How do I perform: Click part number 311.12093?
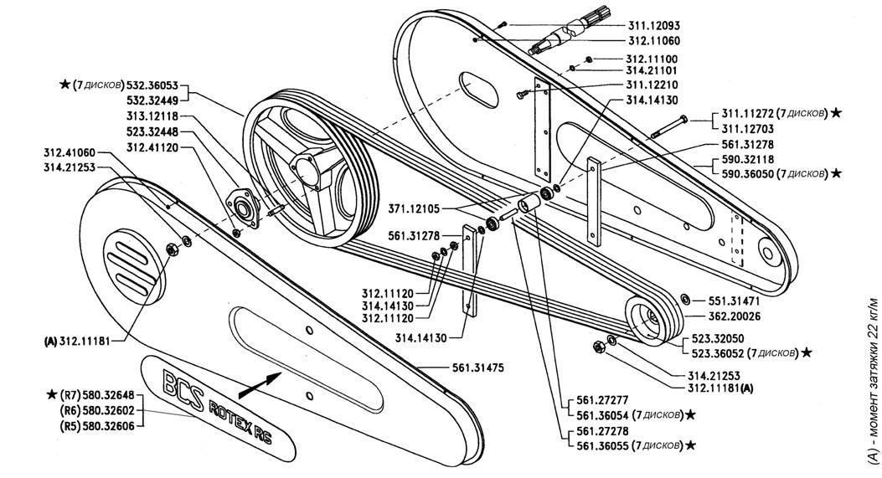pyautogui.click(x=653, y=25)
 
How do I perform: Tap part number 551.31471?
pyautogui.click(x=733, y=301)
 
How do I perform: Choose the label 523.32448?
pyautogui.click(x=152, y=131)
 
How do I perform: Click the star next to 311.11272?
pyautogui.click(x=836, y=112)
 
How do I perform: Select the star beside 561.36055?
pyautogui.click(x=689, y=445)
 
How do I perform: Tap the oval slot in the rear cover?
pyautogui.click(x=478, y=89)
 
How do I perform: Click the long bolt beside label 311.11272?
pyautogui.click(x=668, y=127)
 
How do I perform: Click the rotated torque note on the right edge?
pyautogui.click(x=874, y=380)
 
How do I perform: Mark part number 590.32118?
pyautogui.click(x=747, y=160)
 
